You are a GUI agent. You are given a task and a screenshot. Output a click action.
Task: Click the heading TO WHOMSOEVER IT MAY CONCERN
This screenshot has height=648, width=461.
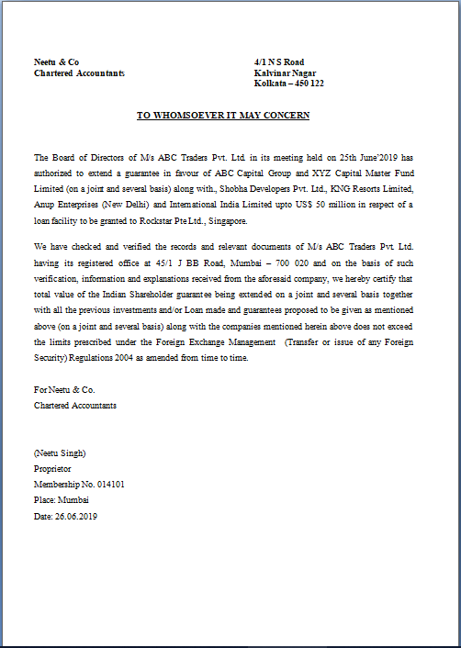(x=223, y=116)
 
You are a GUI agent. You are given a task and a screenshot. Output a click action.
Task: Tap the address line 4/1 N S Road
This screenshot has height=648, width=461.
(x=279, y=62)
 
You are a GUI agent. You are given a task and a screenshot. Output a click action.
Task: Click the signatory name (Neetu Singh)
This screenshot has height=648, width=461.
(x=60, y=452)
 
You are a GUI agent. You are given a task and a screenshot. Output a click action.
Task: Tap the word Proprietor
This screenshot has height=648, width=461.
(x=52, y=468)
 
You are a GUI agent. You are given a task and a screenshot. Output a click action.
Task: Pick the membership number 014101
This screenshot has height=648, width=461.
(x=107, y=484)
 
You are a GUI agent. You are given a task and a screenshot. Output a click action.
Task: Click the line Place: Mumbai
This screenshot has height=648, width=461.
(x=61, y=500)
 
